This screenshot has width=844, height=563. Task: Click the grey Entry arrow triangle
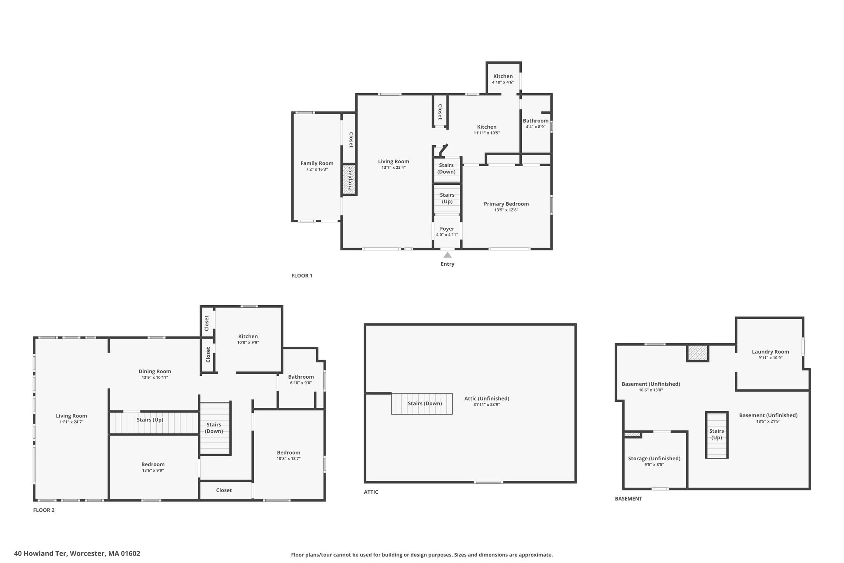coord(447,255)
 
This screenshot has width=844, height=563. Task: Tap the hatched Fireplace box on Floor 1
coord(350,179)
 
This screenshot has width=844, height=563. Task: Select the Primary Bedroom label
coord(506,204)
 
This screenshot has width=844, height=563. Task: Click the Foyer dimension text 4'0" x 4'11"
coord(447,235)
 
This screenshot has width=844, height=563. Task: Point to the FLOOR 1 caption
coord(302,276)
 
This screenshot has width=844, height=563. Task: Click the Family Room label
coord(316,163)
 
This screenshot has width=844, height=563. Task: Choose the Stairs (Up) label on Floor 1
coord(447,198)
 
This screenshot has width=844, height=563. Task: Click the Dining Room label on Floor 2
coord(155,371)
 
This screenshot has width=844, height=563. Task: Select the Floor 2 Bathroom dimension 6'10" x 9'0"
coord(301,383)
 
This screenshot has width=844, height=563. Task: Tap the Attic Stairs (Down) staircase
coord(422,404)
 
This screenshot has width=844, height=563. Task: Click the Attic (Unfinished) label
coord(487,398)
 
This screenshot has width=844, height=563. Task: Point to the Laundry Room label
coord(770,352)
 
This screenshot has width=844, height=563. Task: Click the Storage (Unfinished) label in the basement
coord(654,458)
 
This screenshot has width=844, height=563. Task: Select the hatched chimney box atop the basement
coord(697,353)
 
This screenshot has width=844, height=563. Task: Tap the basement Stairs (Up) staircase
coord(717,435)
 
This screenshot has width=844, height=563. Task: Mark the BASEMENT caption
coord(628,499)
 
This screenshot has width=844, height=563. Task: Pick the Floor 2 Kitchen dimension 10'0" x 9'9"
coord(248,342)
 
